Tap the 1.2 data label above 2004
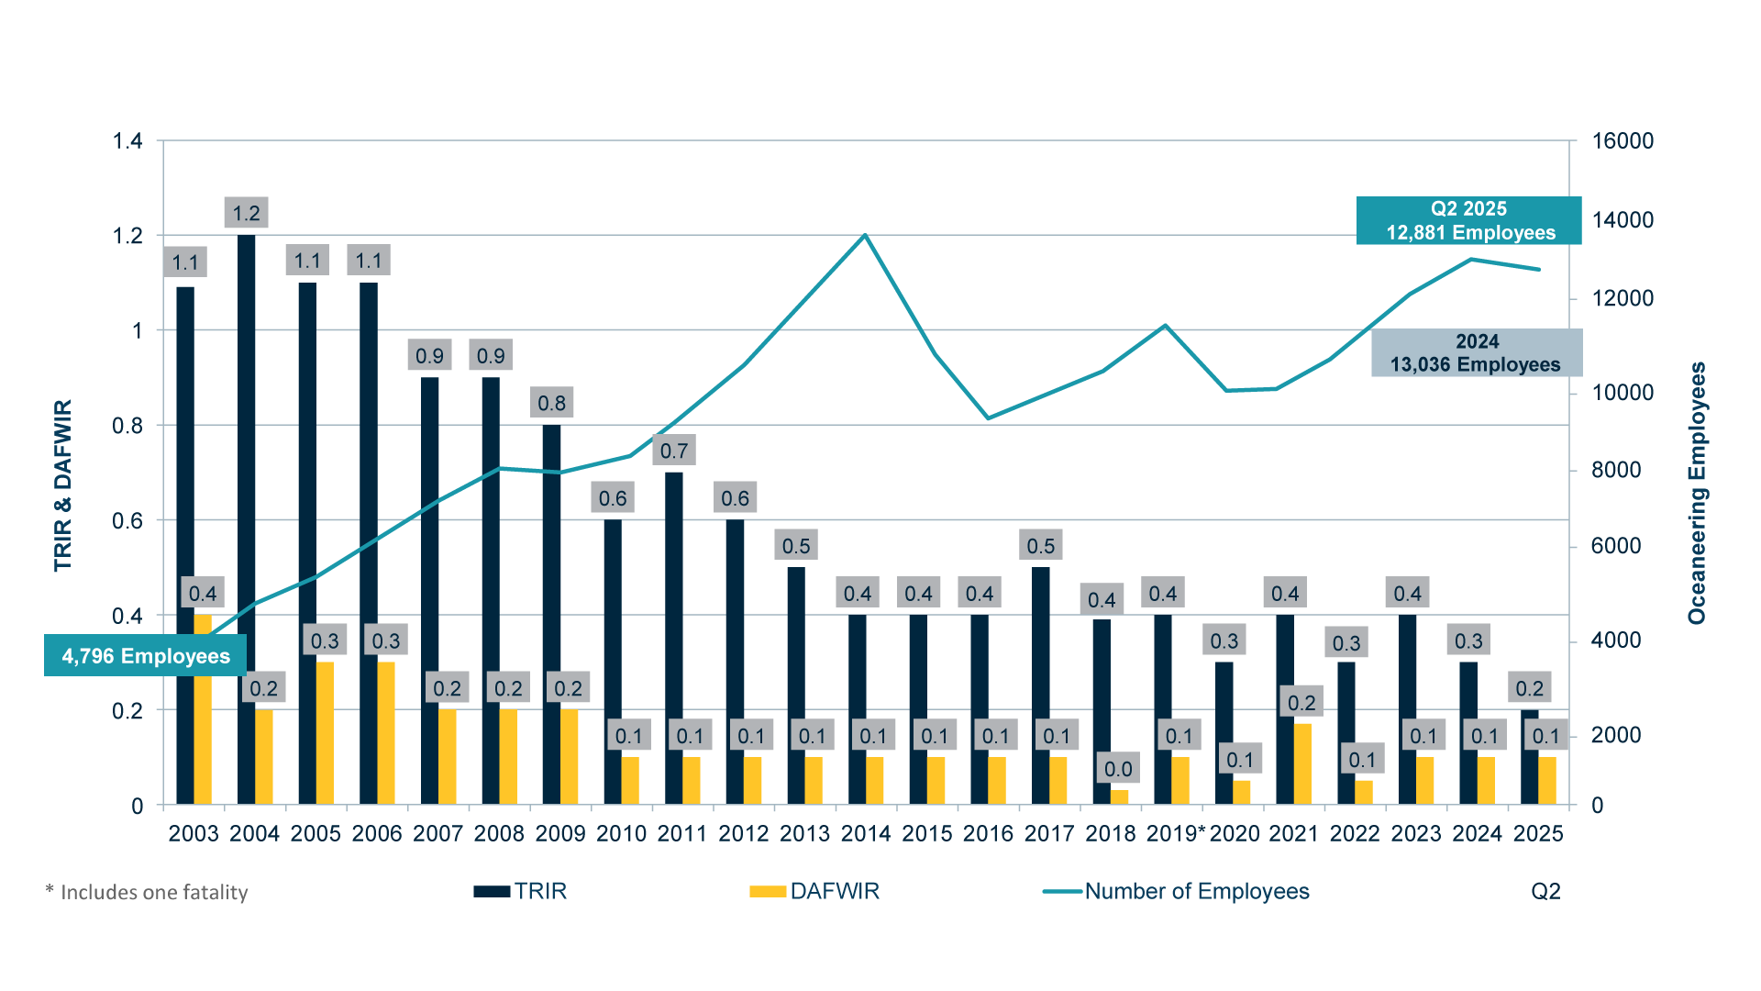point(246,213)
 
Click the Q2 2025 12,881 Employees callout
point(1469,221)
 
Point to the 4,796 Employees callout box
point(145,656)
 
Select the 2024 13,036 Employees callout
point(1476,353)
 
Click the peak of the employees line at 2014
point(865,236)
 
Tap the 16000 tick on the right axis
point(1623,141)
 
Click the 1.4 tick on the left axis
point(127,141)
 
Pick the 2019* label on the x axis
point(1175,833)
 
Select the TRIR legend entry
point(521,891)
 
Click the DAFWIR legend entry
point(814,891)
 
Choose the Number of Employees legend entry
point(1177,891)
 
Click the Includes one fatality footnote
point(147,892)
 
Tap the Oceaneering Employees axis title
point(1697,493)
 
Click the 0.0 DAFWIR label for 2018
point(1118,769)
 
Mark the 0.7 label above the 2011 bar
point(674,451)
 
